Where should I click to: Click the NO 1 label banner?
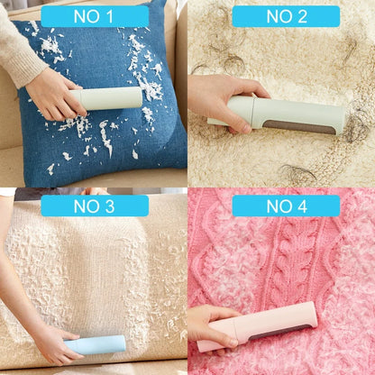click(94, 16)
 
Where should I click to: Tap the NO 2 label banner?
click(286, 16)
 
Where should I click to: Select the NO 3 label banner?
click(94, 206)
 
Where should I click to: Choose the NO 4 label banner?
click(286, 206)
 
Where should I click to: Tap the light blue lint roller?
click(96, 344)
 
